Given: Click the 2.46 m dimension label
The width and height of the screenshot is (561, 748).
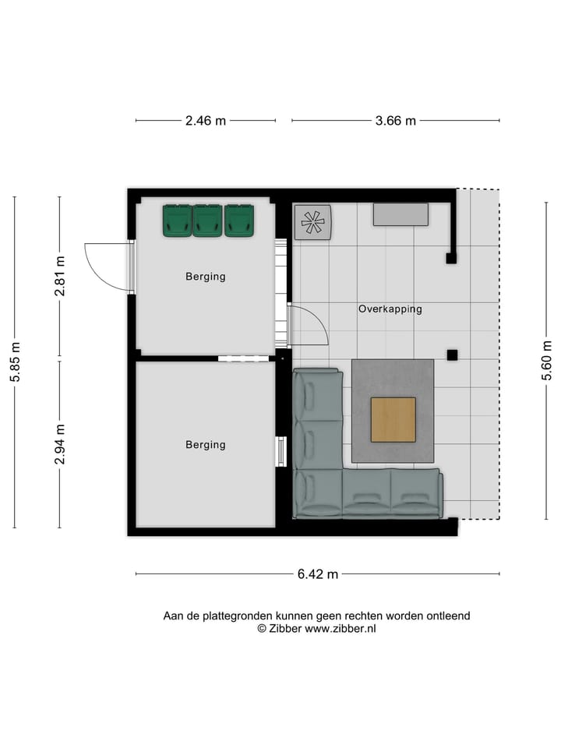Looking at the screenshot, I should (x=206, y=121).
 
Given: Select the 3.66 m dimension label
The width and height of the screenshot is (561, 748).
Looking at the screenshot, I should (x=396, y=121).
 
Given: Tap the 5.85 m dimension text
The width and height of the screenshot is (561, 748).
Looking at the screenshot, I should (x=15, y=362).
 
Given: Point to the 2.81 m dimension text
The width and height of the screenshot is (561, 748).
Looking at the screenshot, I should (x=60, y=276).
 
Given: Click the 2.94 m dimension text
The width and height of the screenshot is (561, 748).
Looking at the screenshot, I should (x=60, y=444).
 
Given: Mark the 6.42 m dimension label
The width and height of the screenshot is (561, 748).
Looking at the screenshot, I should (x=318, y=574).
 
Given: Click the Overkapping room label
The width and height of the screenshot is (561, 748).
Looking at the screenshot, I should (x=390, y=309).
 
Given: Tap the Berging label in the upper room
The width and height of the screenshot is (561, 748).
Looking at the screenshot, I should (x=206, y=277).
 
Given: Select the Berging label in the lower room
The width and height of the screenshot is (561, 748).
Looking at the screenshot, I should (x=206, y=445).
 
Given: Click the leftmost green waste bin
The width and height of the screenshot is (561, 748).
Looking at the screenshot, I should (x=178, y=221).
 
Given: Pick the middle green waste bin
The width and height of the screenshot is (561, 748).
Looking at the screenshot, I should (x=208, y=221).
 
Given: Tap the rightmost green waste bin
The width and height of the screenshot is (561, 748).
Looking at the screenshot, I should (x=239, y=221).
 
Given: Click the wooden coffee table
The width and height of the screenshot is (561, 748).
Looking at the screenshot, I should (x=393, y=419).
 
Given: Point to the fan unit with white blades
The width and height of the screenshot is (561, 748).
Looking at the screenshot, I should (x=312, y=222).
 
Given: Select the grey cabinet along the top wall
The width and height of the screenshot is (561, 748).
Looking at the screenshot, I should (x=400, y=214).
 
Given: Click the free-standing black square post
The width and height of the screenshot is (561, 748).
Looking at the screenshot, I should (x=452, y=355).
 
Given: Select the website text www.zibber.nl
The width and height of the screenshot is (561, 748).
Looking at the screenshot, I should (x=340, y=628).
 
